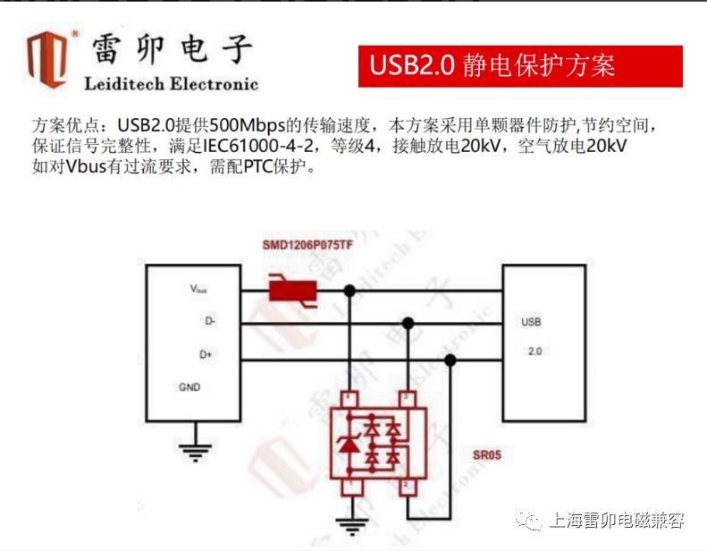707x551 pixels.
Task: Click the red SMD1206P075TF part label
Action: tap(307, 245)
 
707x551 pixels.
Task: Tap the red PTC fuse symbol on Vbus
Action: tap(293, 291)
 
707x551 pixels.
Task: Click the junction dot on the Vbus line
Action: tap(349, 291)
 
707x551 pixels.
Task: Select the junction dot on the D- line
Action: tap(408, 323)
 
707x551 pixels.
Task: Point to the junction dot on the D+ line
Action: tap(450, 360)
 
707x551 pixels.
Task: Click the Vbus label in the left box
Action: tap(198, 289)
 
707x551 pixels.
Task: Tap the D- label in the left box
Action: tap(210, 321)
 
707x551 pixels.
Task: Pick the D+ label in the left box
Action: tap(206, 355)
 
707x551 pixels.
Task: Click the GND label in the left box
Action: tap(189, 387)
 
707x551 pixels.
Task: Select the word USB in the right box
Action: tap(531, 322)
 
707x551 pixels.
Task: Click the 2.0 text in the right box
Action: tap(534, 352)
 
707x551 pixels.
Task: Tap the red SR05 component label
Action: tap(487, 455)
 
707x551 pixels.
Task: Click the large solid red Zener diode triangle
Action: tap(349, 445)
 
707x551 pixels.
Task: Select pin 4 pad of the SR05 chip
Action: tap(349, 399)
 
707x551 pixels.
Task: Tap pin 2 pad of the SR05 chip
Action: tap(408, 487)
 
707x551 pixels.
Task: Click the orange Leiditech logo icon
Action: tap(46, 59)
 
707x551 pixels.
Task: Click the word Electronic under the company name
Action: tap(215, 84)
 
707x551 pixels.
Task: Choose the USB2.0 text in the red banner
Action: tap(412, 65)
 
